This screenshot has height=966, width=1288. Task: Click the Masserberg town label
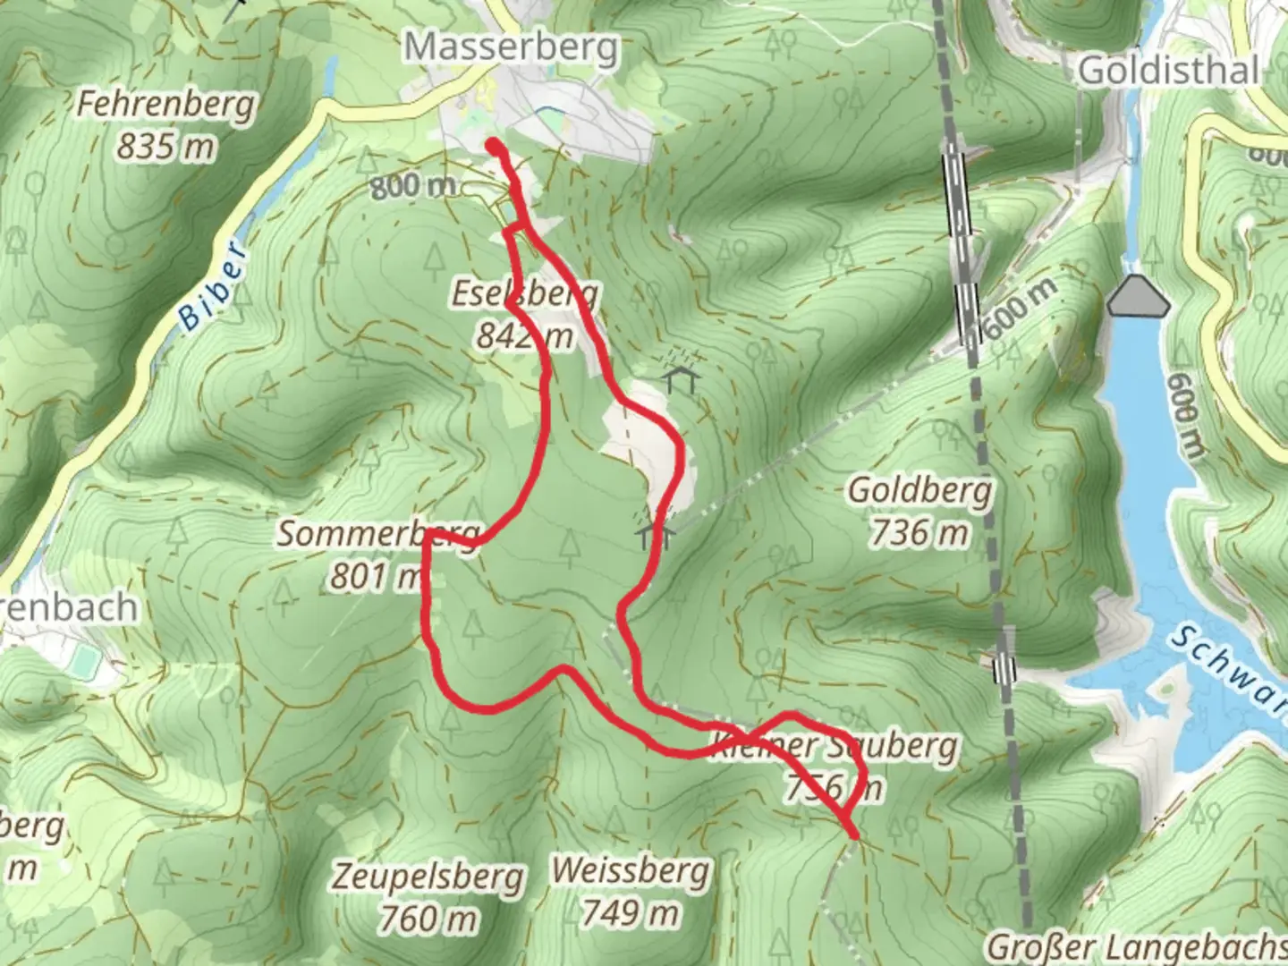click(x=511, y=47)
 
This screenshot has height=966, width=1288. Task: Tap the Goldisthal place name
click(x=1169, y=70)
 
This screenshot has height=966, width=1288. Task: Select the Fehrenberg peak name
click(x=165, y=104)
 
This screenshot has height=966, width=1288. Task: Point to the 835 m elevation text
click(x=166, y=145)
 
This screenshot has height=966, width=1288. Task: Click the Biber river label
click(x=210, y=285)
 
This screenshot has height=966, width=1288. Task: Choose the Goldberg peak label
click(x=919, y=490)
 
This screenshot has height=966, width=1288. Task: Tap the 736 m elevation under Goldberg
click(x=919, y=533)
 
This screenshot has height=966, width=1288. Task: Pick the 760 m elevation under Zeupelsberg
click(x=428, y=918)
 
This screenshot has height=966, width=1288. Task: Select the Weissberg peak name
click(x=631, y=869)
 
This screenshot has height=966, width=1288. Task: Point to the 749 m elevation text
click(x=631, y=912)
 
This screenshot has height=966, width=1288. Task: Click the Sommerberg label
click(x=377, y=534)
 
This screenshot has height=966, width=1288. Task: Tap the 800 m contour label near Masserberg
click(x=412, y=186)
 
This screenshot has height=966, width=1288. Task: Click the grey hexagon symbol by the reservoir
click(x=1138, y=297)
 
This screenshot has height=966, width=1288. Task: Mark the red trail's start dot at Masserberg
click(x=493, y=145)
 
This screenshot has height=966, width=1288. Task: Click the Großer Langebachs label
click(x=1136, y=946)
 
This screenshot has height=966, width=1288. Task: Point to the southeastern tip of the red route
click(x=854, y=836)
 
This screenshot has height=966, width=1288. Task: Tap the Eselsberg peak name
click(x=525, y=293)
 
